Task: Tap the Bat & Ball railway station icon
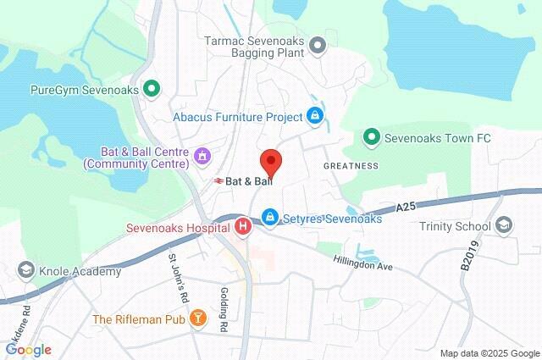pos(218,180)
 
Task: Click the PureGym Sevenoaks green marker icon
pos(152,87)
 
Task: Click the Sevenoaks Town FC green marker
pos(371,136)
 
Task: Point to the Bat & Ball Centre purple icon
pos(202,156)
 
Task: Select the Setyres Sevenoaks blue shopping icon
pos(269,218)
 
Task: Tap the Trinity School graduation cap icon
pos(504,225)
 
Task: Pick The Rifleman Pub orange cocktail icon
pos(197,318)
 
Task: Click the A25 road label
pos(407,206)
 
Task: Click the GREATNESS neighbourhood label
pos(351,166)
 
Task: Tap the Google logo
pos(27,350)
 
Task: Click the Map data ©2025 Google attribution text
pos(489,353)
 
